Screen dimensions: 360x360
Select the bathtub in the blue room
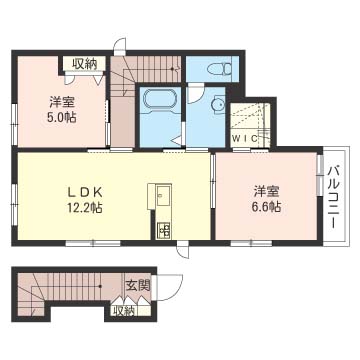159,102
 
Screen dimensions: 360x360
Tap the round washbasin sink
217,103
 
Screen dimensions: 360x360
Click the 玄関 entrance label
137,285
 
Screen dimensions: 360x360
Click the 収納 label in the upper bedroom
84,64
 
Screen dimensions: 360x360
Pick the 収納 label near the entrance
123,310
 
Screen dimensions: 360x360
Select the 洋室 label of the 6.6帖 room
265,191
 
